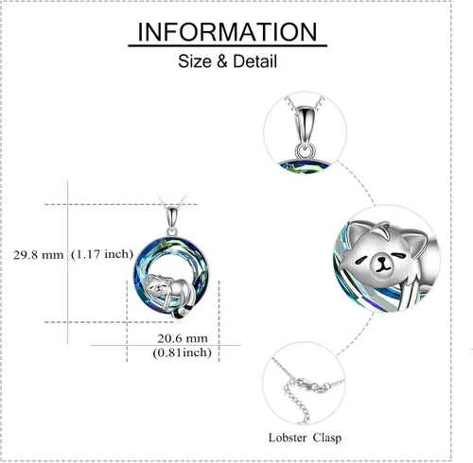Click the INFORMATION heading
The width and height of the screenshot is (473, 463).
[x=227, y=32]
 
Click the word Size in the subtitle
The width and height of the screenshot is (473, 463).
[x=195, y=61]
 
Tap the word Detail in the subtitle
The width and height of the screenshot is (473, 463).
[x=255, y=61]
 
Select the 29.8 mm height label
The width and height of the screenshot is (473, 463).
[x=38, y=255]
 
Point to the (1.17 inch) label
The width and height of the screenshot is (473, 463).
[x=102, y=254]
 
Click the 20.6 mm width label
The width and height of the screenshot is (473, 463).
[x=183, y=338]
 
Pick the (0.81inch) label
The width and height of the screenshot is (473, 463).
[x=182, y=352]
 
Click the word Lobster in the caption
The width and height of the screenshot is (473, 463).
[x=288, y=437]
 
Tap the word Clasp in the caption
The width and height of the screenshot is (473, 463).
[x=327, y=437]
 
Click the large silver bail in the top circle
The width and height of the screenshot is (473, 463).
[x=305, y=127]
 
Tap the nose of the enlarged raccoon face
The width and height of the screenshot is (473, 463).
[x=382, y=261]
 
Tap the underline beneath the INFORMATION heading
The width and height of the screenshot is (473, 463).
[x=227, y=46]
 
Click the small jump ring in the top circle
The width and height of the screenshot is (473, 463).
[x=306, y=150]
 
